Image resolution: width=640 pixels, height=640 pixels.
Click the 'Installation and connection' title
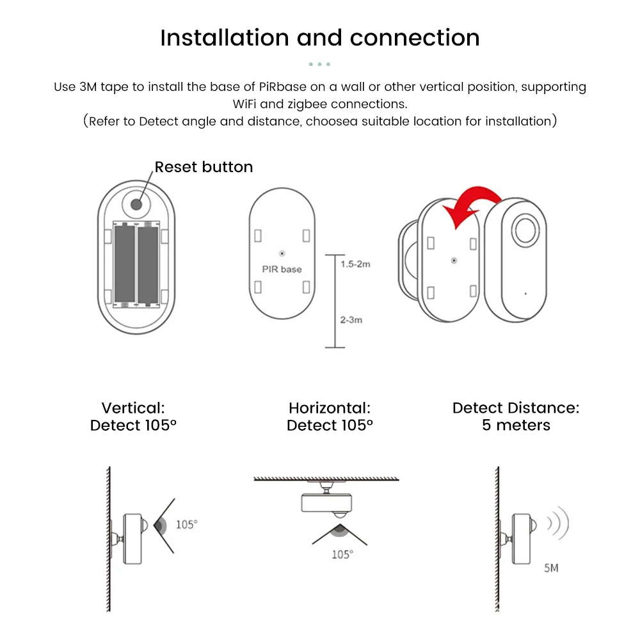pyautogui.click(x=320, y=38)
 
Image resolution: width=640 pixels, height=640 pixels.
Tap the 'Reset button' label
pyautogui.click(x=204, y=167)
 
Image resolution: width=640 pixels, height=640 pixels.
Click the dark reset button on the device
pyautogui.click(x=136, y=204)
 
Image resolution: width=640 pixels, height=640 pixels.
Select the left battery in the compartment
pyautogui.click(x=124, y=263)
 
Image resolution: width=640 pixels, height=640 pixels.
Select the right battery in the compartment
pyautogui.click(x=148, y=263)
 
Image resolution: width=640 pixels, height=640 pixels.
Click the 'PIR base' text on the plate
pyautogui.click(x=282, y=269)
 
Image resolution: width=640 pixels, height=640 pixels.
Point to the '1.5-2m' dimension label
pyautogui.click(x=355, y=264)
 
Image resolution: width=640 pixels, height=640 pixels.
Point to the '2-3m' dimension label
pyautogui.click(x=351, y=319)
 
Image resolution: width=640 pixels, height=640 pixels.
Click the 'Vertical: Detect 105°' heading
pyautogui.click(x=133, y=417)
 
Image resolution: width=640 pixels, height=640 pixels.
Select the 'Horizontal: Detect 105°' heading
pyautogui.click(x=330, y=417)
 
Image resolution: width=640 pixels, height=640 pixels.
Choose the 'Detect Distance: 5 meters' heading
pyautogui.click(x=516, y=417)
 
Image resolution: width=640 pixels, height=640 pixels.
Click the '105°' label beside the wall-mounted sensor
pyautogui.click(x=186, y=525)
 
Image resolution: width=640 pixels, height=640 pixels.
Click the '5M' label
pyautogui.click(x=550, y=568)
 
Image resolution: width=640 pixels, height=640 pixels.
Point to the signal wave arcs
pyautogui.click(x=558, y=524)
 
